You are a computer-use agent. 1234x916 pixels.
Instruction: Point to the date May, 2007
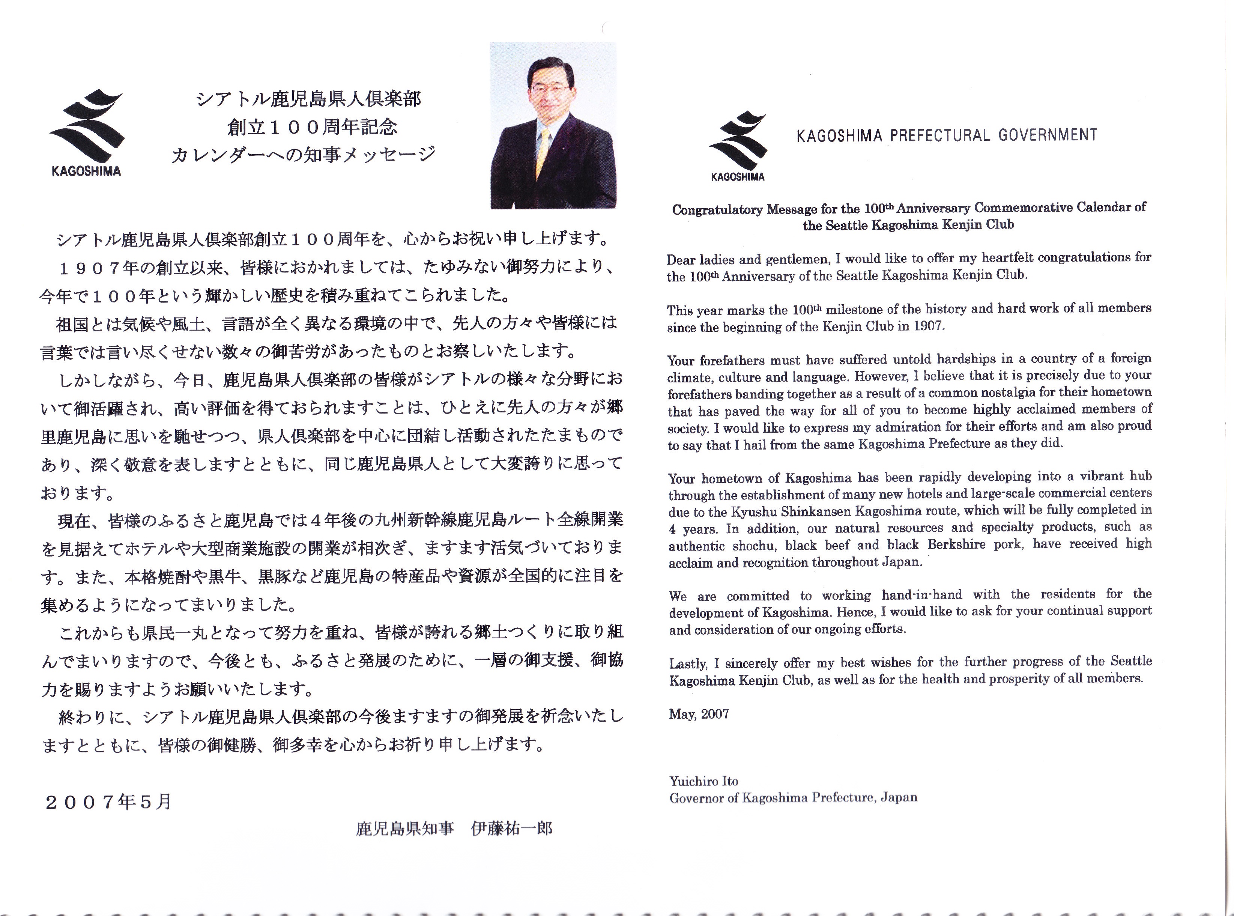point(699,714)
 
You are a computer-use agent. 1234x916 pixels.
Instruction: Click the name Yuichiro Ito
point(703,781)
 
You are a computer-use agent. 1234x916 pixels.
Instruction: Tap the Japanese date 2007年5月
point(109,802)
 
